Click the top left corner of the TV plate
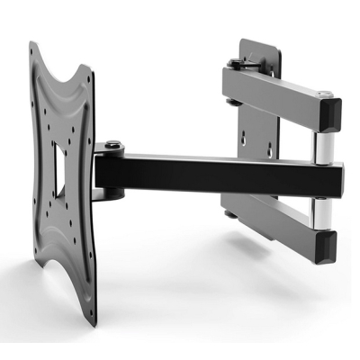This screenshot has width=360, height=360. pyautogui.click(x=33, y=43)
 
